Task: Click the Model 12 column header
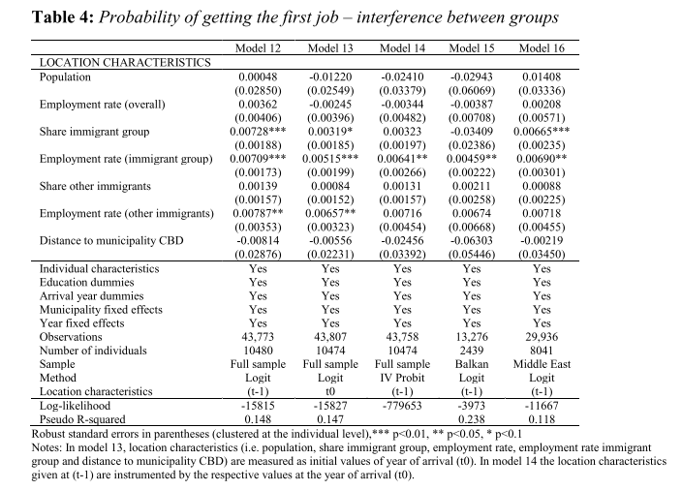257,47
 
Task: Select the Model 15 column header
472,47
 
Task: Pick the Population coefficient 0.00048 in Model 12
258,77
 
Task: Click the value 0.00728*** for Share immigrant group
258,131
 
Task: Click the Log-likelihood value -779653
400,406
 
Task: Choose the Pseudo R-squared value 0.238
472,419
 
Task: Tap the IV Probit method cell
400,378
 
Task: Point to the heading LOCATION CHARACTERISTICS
125,63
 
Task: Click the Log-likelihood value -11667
542,406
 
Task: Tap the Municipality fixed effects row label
95,309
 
